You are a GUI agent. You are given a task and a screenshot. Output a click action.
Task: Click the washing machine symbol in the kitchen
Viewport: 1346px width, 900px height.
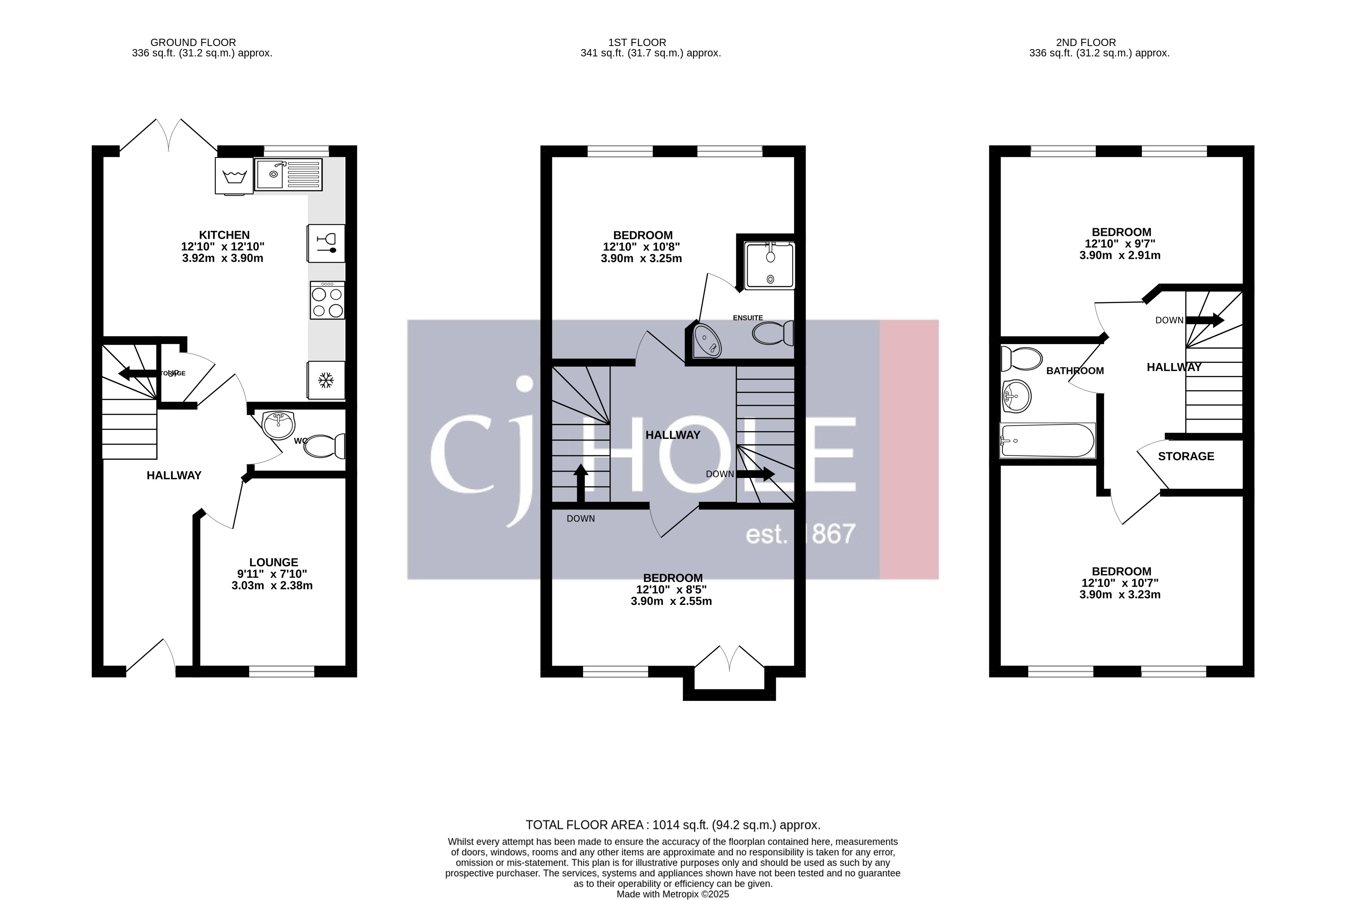234,176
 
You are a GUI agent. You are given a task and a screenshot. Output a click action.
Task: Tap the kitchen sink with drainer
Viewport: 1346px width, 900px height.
288,175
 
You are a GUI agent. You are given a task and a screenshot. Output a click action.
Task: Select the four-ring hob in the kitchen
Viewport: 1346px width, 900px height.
327,300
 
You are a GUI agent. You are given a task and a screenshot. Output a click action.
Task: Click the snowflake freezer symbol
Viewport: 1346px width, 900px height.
326,380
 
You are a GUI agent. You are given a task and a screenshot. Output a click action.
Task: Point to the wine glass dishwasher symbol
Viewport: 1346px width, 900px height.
326,243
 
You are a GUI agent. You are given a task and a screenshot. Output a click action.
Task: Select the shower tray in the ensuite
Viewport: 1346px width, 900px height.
770,265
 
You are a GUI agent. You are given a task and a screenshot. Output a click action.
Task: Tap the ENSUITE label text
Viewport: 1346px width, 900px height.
748,317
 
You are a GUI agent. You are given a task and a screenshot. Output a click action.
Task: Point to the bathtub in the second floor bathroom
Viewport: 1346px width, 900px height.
1047,440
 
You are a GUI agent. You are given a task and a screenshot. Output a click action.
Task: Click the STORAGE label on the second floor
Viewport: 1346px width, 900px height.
1186,456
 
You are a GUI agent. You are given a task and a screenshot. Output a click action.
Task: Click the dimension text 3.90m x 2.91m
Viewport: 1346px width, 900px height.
1120,255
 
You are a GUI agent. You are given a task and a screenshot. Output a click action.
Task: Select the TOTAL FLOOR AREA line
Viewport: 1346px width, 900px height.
672,825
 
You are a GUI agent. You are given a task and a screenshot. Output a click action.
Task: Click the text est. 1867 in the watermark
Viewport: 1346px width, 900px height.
801,534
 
